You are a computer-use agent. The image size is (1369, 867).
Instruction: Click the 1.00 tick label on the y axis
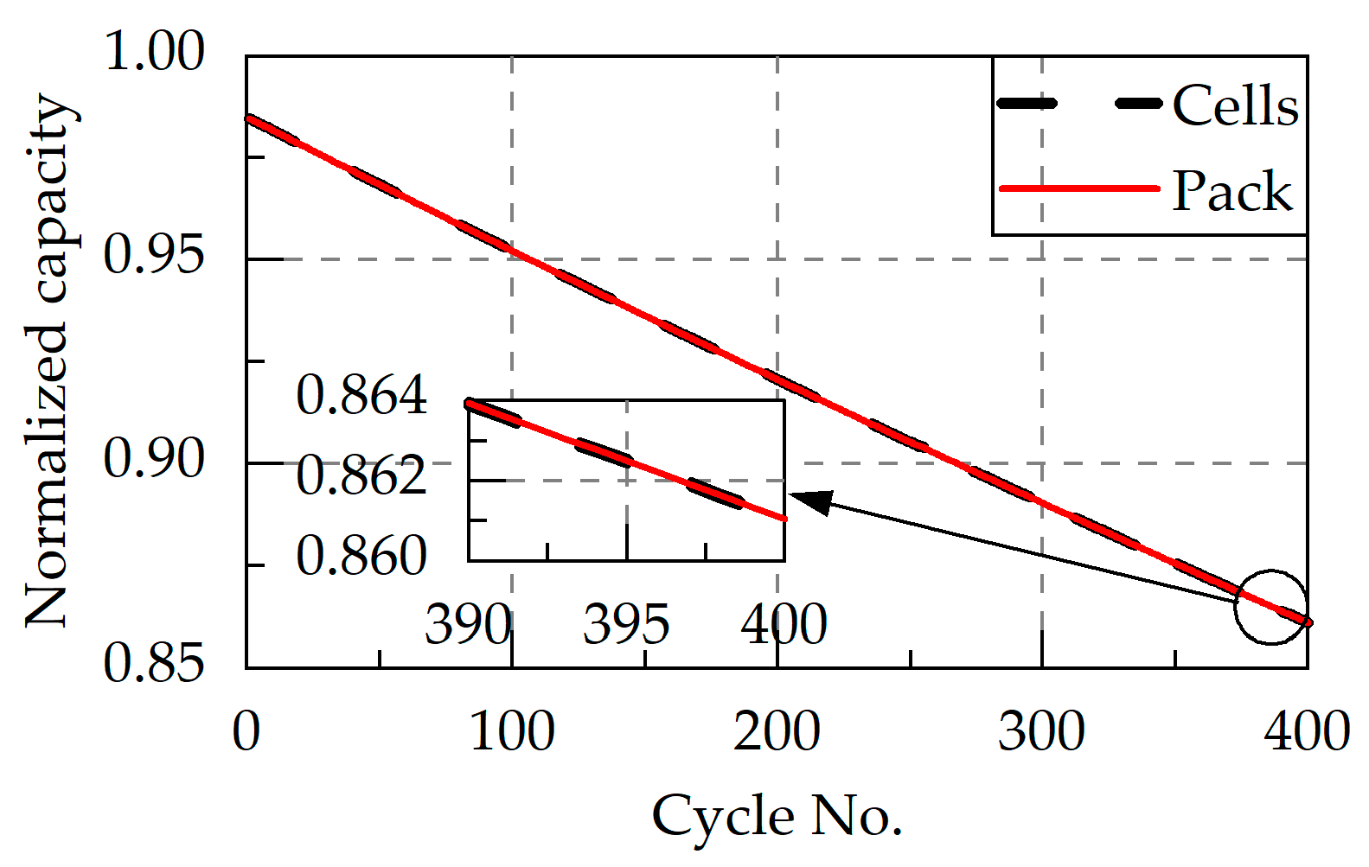click(154, 51)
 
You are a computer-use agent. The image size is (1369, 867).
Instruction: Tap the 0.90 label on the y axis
click(154, 459)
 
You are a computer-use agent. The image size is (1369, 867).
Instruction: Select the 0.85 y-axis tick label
click(154, 664)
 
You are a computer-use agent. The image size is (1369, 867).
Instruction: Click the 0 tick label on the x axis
click(246, 731)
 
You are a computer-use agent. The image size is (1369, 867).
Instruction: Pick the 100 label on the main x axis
click(512, 731)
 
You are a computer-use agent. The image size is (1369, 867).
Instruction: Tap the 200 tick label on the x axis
click(777, 731)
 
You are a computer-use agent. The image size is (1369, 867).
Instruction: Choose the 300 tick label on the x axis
click(1041, 731)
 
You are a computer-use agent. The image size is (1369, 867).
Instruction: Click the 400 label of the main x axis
click(1307, 731)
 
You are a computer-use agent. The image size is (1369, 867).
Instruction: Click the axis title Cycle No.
click(777, 816)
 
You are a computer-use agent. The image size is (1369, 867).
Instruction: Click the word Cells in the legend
click(1235, 106)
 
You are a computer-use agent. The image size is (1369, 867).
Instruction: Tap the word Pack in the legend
click(1231, 191)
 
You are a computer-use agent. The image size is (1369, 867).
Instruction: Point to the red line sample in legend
click(1078, 188)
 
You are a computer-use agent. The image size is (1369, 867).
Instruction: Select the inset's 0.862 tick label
click(361, 476)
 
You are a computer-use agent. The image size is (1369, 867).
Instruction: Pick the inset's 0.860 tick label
click(361, 556)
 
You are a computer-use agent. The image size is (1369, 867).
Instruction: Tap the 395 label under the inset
click(626, 625)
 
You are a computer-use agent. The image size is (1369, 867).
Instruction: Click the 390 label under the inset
click(467, 625)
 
